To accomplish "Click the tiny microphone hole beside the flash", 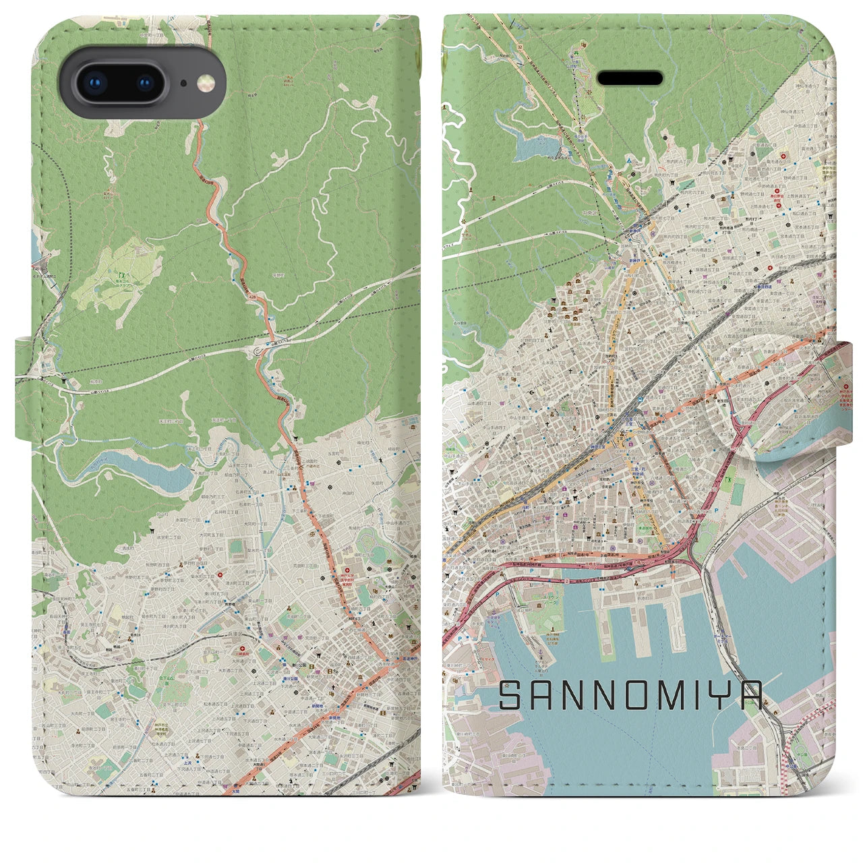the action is [183, 84].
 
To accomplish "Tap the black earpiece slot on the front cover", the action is [630, 78].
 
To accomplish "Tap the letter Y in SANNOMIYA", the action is [724, 695].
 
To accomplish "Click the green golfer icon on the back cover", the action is [121, 275].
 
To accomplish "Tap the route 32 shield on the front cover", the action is [520, 46].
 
